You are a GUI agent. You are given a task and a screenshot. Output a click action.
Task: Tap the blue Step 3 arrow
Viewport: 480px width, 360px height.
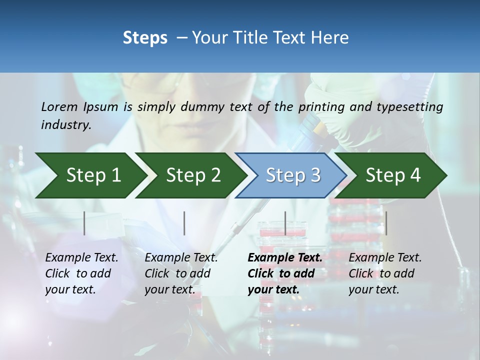(293, 175)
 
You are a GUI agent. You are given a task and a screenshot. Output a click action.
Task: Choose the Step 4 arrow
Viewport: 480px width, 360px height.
(393, 175)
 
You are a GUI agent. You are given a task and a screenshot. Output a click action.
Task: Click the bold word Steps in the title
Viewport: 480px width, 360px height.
(145, 38)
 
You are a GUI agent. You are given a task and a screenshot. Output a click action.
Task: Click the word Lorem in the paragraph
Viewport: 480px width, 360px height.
(59, 106)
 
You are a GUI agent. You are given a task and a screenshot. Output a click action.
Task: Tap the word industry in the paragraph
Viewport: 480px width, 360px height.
(65, 125)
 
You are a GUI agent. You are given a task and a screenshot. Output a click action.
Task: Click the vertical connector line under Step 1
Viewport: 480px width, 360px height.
(84, 223)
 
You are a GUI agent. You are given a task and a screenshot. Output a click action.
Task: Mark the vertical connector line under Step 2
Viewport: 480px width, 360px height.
(184, 223)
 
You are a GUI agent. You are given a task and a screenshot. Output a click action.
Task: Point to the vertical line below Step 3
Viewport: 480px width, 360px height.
(285, 223)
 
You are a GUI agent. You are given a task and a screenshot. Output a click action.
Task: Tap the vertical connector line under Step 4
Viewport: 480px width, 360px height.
(386, 223)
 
